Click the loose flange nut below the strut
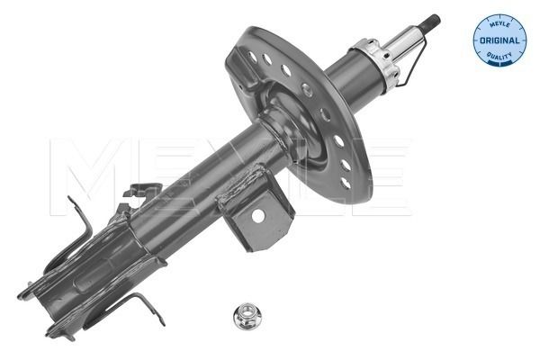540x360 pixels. point(247,316)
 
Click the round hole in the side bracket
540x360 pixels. point(259,215)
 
